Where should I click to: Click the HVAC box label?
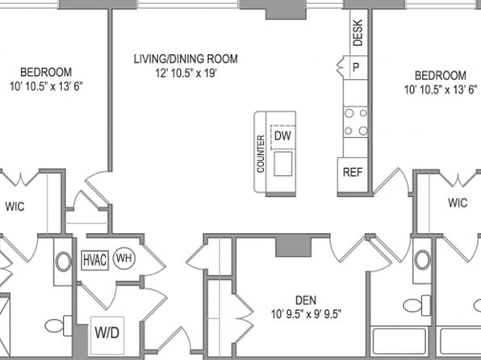click(94, 261)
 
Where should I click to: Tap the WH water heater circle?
click(124, 258)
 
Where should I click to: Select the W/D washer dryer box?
click(107, 335)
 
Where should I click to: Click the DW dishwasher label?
click(282, 136)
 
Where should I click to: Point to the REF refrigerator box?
click(353, 175)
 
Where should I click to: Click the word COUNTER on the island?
click(261, 153)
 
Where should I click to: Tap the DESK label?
click(358, 33)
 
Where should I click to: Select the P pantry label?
click(356, 67)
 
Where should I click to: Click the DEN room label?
click(306, 300)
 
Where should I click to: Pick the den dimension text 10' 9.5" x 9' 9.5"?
click(306, 314)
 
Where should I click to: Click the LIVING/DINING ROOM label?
click(186, 59)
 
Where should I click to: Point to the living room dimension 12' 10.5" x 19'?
click(186, 73)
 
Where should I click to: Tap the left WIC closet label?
click(15, 207)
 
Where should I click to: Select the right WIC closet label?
click(458, 203)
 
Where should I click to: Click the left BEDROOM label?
click(46, 73)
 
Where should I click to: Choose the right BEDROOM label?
click(441, 76)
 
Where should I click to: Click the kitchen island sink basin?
click(282, 164)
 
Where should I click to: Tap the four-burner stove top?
click(356, 122)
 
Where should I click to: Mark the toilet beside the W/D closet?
click(58, 325)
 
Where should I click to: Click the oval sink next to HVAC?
click(63, 262)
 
